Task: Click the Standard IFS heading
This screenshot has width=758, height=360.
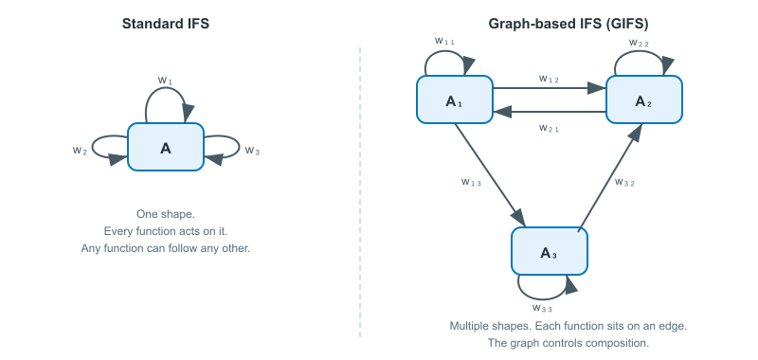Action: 166,23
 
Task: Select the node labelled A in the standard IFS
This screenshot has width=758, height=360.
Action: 166,147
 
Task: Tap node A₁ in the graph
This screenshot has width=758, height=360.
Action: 454,99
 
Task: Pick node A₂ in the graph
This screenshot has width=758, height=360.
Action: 643,99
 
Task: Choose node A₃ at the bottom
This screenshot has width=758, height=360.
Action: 550,251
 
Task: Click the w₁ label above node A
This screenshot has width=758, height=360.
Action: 165,81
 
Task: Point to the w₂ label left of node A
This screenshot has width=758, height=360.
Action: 81,150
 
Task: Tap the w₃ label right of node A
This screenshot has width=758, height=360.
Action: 252,150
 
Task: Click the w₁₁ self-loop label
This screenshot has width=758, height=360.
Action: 444,41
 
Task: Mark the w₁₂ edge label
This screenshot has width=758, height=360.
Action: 550,79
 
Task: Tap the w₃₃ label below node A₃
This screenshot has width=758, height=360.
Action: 543,308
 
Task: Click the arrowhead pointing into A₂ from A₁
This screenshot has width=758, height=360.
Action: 598,88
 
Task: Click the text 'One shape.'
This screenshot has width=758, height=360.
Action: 166,214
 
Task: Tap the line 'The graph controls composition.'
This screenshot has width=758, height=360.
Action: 568,343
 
